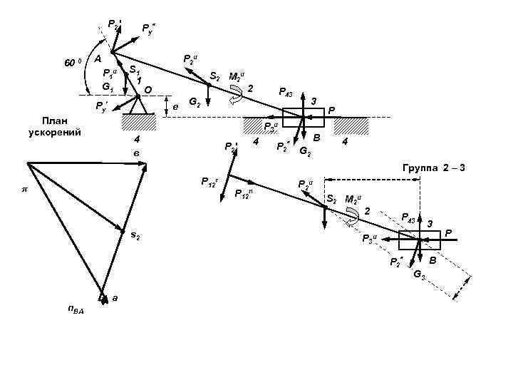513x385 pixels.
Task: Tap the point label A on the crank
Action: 99,59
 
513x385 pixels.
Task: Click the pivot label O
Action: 147,89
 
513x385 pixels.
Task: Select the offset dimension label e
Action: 175,107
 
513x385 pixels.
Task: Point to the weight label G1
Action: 108,86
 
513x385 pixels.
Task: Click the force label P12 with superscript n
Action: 244,193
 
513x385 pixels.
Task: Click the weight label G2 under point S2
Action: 192,103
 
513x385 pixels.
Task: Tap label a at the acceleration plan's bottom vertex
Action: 115,299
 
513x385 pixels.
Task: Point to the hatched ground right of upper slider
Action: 352,125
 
